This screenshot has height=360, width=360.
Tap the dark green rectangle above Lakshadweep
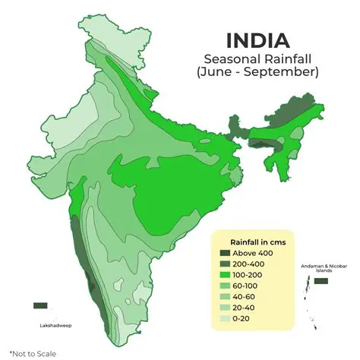[40, 305]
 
